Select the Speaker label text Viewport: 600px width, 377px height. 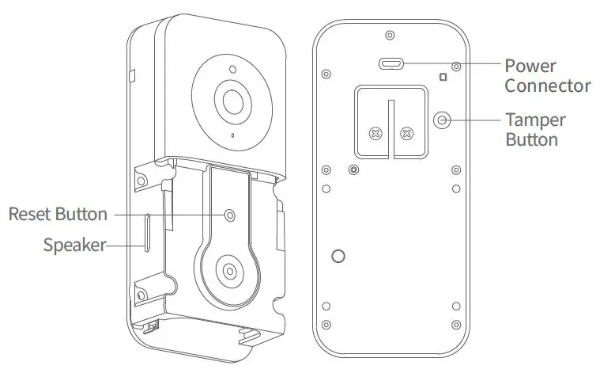coord(74,245)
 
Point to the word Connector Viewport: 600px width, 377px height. coord(547,86)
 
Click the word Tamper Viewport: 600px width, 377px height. coord(535,120)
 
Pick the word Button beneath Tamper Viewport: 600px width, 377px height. coord(531,139)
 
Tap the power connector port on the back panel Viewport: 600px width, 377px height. coord(390,64)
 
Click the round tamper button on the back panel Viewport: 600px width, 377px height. coord(443,120)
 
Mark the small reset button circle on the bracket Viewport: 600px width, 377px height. coord(230,215)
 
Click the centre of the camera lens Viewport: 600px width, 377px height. coord(233,101)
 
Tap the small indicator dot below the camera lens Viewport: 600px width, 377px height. coord(232,135)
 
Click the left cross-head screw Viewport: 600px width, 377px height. coord(376,133)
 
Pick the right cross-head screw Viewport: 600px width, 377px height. coord(406,133)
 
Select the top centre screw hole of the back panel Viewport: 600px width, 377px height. coord(390,35)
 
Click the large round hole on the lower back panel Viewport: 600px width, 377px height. coord(338,256)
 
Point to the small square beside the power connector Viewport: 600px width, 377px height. coord(443,78)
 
